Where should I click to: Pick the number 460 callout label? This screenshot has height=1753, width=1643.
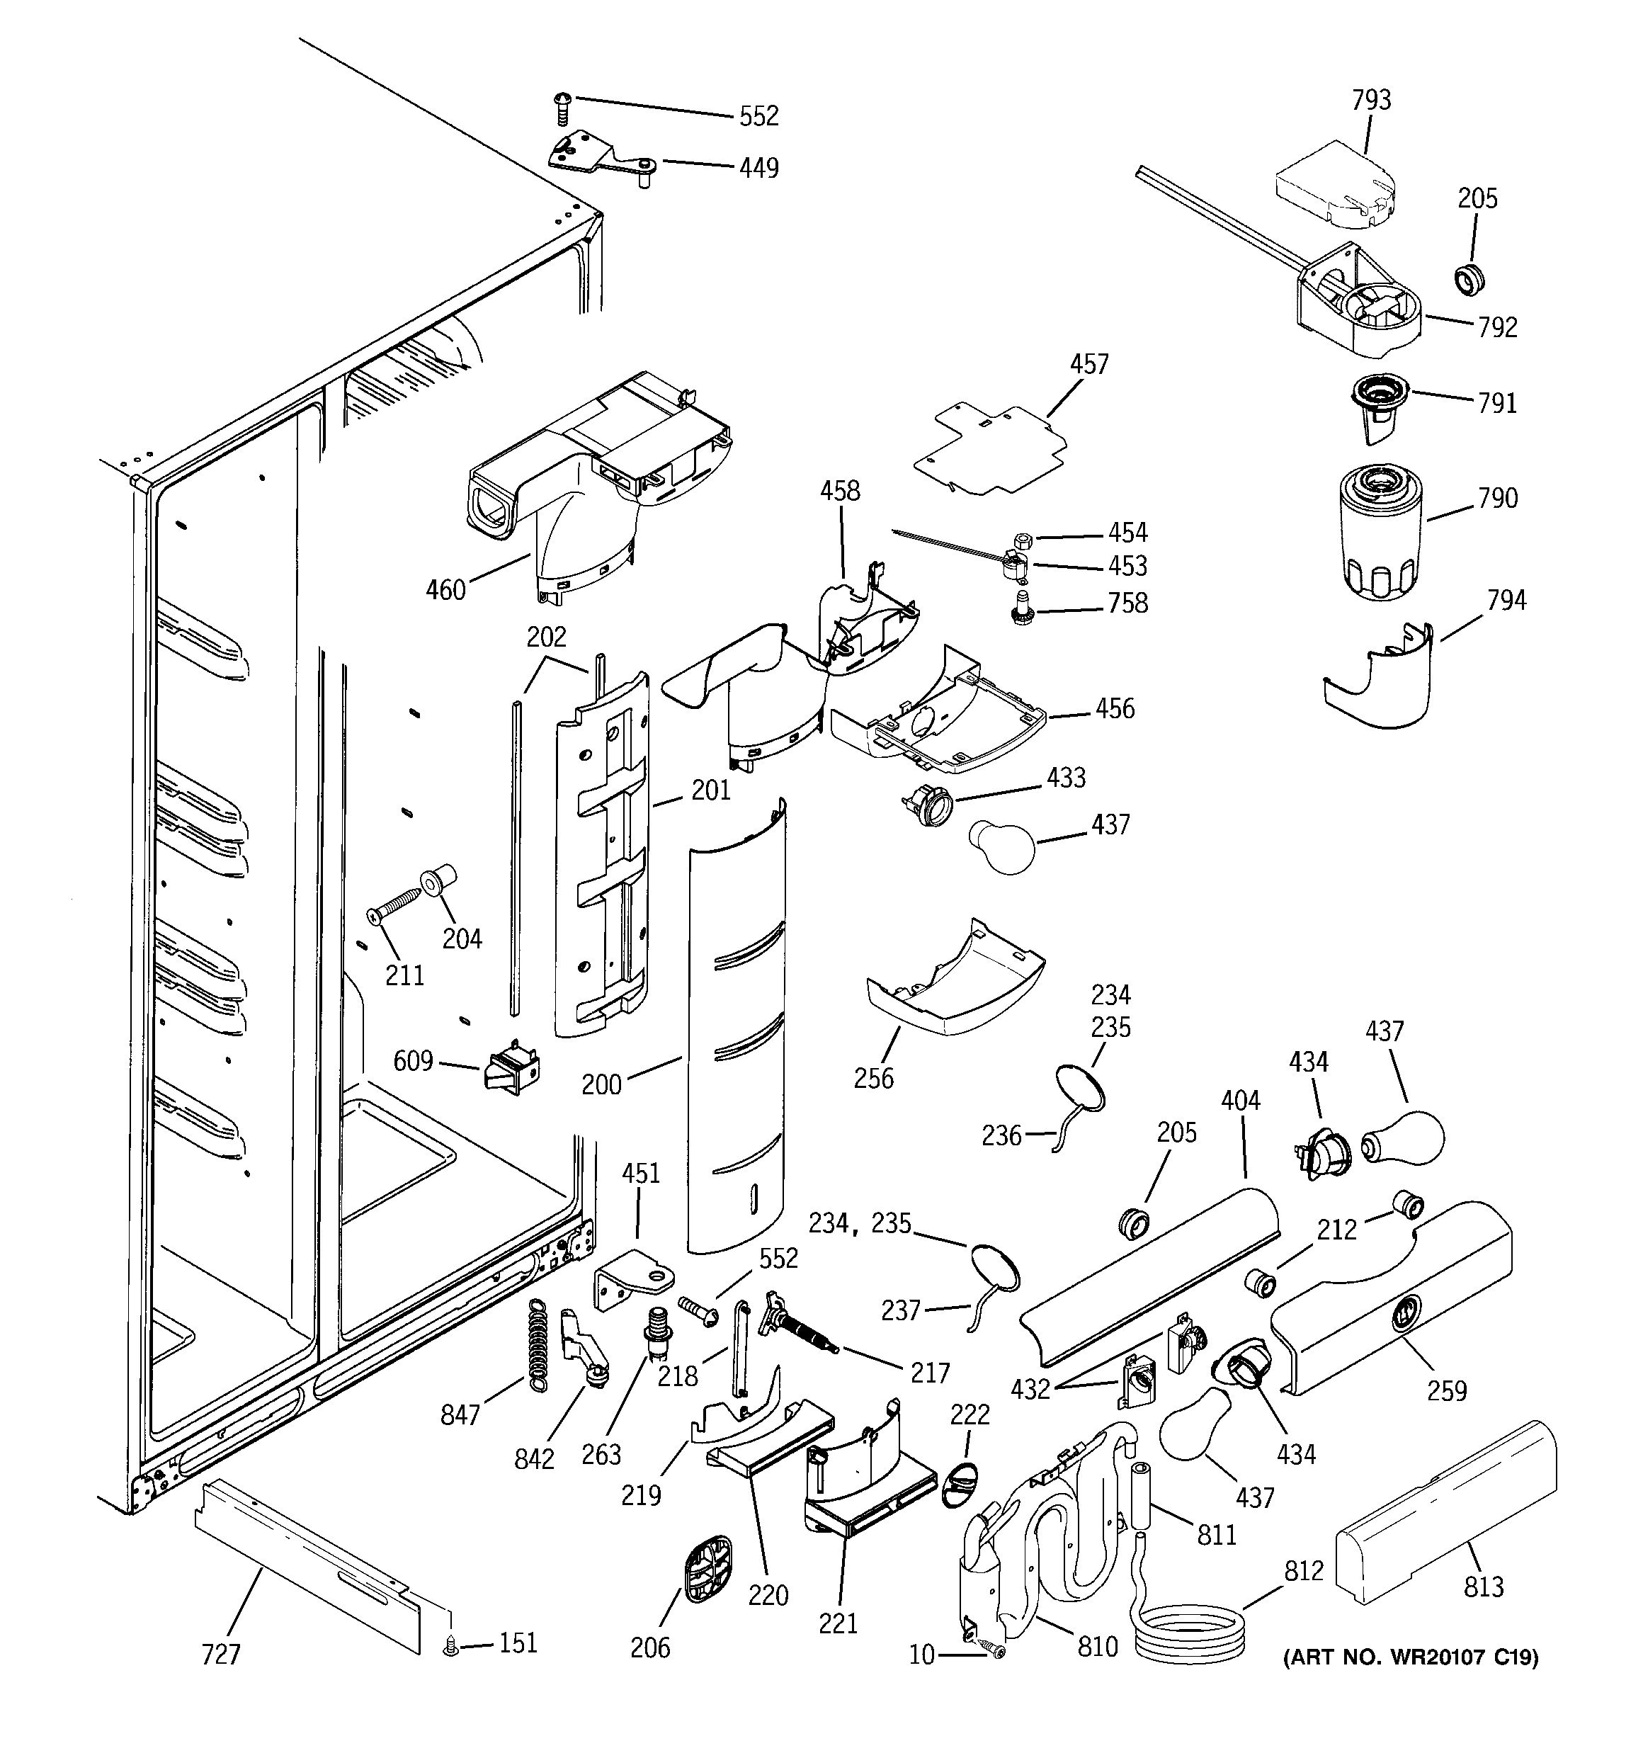[x=445, y=590]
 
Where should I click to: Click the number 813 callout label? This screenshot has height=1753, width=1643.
[x=1484, y=1587]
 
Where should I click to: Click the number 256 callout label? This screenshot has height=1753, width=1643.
[x=873, y=1077]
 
